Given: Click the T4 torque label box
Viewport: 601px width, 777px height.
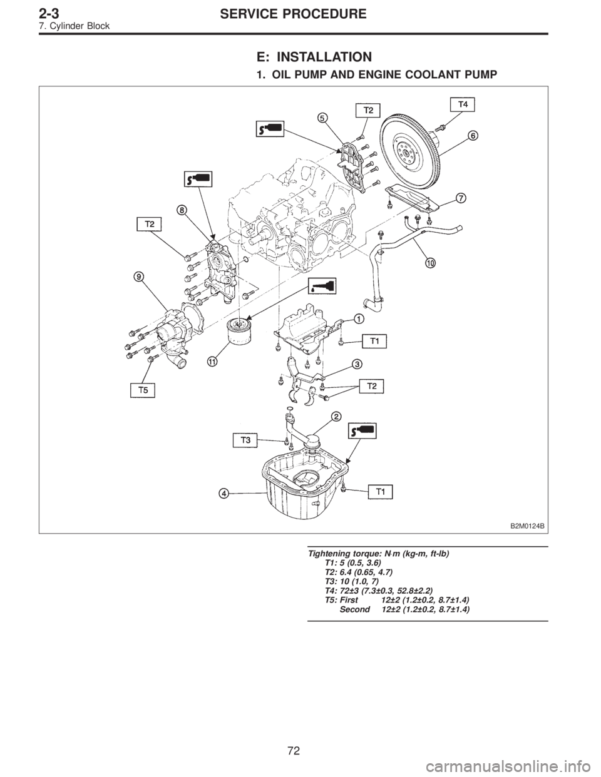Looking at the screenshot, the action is (x=462, y=105).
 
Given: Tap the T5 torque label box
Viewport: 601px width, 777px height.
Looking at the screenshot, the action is (x=142, y=390).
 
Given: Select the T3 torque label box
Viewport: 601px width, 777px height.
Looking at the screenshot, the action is (x=245, y=440).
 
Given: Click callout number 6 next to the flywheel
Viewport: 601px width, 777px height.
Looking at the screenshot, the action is (x=473, y=136).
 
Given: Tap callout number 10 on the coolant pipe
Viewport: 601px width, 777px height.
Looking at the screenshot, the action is (x=430, y=263).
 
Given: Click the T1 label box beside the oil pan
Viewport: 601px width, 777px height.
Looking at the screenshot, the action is (x=380, y=492).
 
